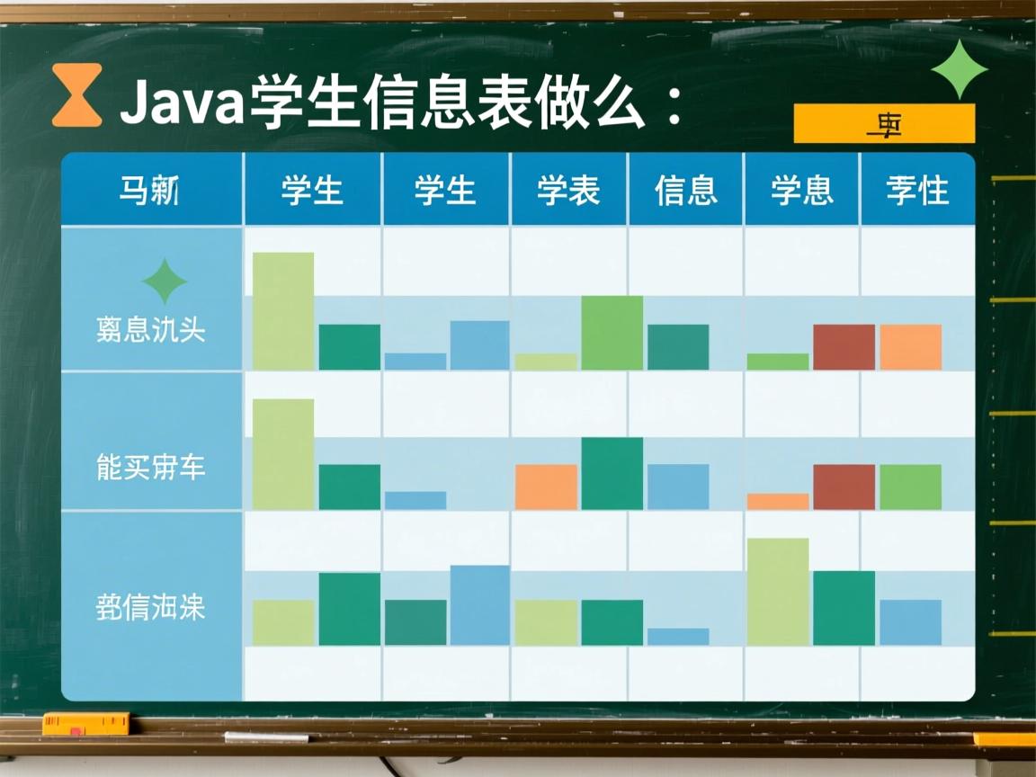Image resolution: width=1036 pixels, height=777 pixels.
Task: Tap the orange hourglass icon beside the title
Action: (x=76, y=95)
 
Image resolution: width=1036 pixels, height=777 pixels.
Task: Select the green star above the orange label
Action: (x=959, y=69)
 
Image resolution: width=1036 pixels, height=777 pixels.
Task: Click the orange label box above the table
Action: (x=884, y=124)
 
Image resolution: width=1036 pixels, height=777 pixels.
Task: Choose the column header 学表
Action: (x=568, y=191)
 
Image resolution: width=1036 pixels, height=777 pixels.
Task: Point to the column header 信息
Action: (x=686, y=191)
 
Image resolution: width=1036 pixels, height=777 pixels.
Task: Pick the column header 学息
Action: (x=801, y=191)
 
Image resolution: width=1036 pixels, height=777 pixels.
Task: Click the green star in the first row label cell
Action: (x=165, y=281)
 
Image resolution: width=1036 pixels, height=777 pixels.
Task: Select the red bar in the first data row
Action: (x=844, y=347)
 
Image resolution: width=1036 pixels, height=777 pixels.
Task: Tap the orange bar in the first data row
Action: (x=910, y=347)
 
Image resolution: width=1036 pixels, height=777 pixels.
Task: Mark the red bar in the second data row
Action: (x=844, y=487)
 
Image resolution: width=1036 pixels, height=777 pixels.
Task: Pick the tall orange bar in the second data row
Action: (x=546, y=487)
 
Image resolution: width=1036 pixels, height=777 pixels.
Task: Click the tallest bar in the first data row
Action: (x=283, y=311)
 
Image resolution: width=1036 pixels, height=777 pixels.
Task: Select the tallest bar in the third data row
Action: (x=778, y=592)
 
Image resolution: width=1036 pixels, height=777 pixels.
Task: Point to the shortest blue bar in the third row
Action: (x=678, y=636)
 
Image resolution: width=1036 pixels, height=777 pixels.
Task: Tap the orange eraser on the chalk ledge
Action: (x=86, y=723)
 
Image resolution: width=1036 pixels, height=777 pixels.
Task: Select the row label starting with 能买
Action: (x=151, y=468)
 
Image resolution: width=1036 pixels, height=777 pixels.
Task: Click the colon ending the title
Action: (x=669, y=106)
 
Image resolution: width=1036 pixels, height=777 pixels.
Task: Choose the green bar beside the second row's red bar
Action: (x=910, y=487)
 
